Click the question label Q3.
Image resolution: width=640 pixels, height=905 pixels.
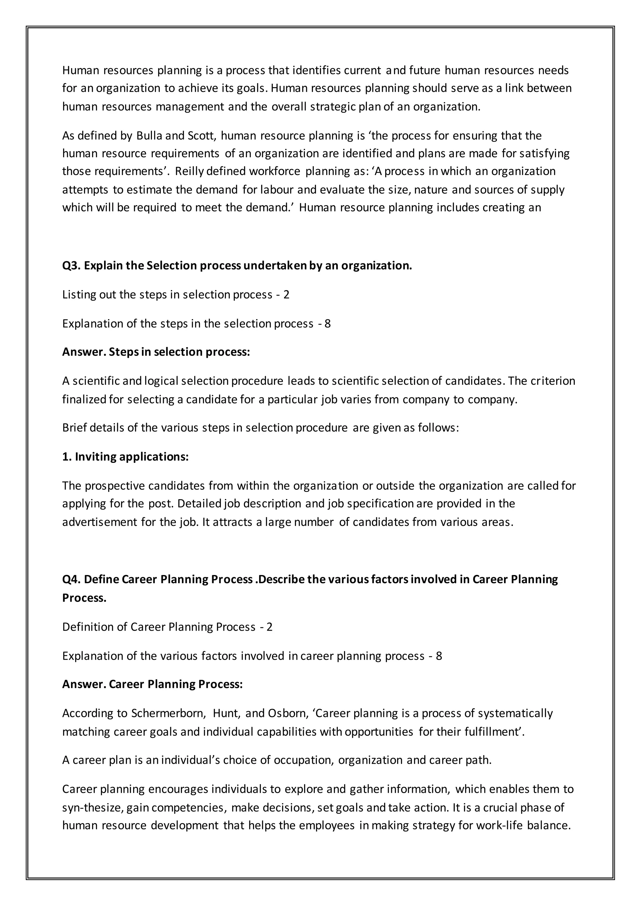(x=71, y=266)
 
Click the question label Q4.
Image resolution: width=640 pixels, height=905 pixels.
(x=71, y=579)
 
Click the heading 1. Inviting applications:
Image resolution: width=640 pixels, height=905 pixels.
(x=125, y=457)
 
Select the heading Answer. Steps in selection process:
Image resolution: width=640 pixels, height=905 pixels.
(x=156, y=352)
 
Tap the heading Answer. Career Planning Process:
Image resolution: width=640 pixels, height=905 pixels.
(x=152, y=684)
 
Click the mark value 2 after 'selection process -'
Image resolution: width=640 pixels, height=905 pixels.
(x=287, y=295)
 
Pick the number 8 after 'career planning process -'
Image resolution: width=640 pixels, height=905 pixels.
(x=439, y=656)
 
